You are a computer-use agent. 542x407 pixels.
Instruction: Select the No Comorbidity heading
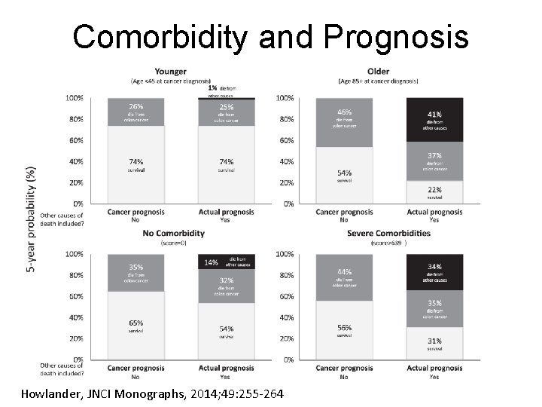coord(174,233)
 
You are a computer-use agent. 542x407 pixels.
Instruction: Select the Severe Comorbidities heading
coord(389,233)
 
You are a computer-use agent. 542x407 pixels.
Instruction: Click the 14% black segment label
coord(212,262)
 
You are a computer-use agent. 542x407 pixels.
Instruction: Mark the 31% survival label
coord(434,341)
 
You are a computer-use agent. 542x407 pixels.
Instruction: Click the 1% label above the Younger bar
coord(202,87)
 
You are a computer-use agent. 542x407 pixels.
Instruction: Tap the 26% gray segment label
coord(136,106)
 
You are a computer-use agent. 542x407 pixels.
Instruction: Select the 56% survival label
coord(344,328)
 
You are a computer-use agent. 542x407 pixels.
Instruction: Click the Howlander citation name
coord(55,393)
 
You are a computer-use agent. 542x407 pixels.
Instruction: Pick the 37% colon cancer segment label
coord(434,155)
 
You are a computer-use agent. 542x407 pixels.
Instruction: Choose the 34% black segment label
coord(434,266)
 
